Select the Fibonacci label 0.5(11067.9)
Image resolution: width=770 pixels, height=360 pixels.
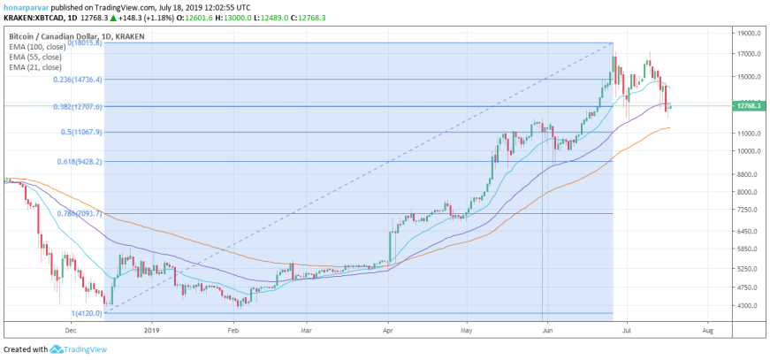[x=81, y=132]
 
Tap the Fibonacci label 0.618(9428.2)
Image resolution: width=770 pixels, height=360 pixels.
[x=79, y=161]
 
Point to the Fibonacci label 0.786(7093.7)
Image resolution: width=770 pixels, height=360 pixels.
[x=79, y=213]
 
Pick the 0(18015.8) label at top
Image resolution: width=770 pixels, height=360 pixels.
[x=85, y=43]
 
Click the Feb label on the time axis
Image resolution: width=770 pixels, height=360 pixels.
[x=233, y=331]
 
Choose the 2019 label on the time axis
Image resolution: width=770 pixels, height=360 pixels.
[x=153, y=331]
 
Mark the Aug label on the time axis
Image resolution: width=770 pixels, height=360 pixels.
[x=707, y=331]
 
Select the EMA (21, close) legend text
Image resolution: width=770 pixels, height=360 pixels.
[x=34, y=67]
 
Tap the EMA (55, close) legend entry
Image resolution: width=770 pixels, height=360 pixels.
[x=34, y=57]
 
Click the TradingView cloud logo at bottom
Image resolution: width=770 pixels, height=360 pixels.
[x=56, y=349]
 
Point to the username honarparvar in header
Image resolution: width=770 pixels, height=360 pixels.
[x=23, y=8]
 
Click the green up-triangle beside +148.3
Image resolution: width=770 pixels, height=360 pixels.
[x=112, y=18]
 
